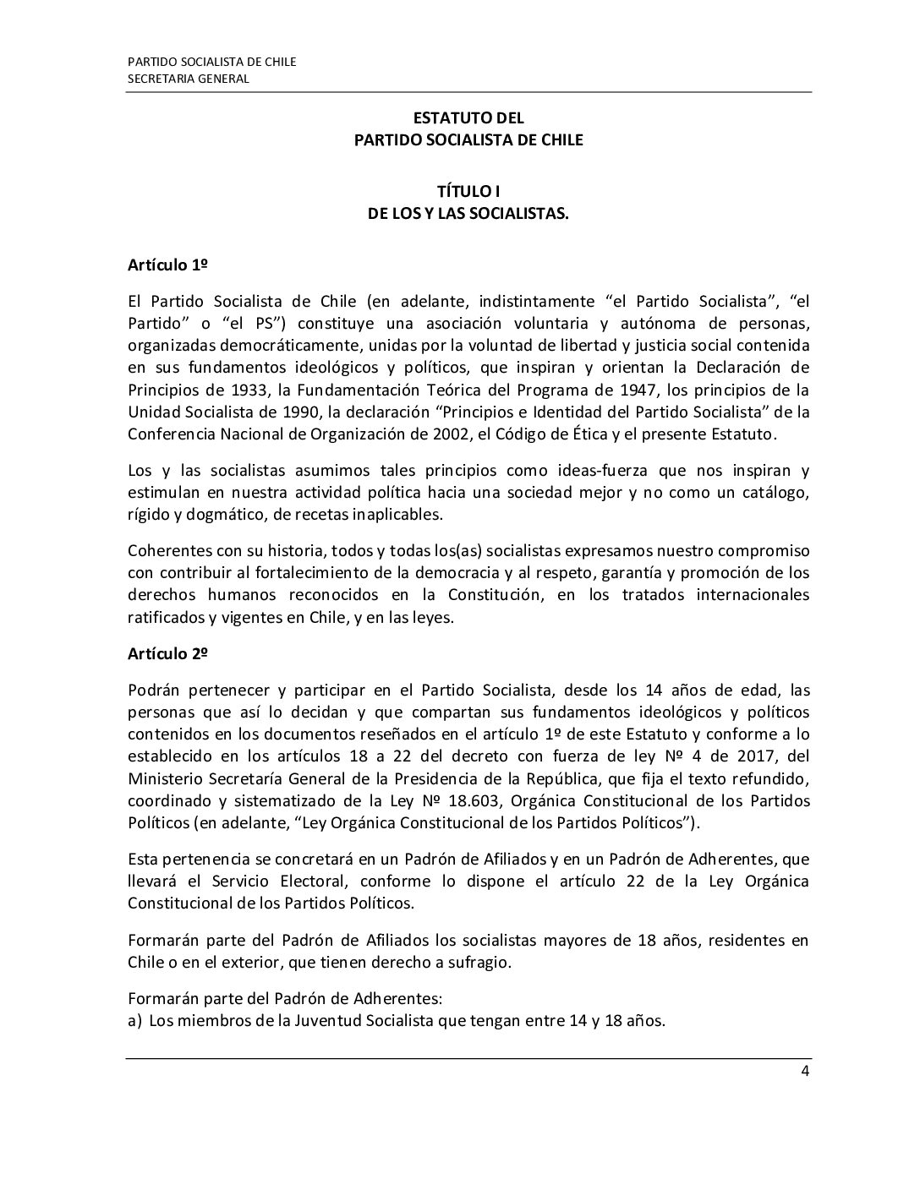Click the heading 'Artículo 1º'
(167, 265)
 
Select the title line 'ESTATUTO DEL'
(468, 119)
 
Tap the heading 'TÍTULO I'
(468, 194)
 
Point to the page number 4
(806, 1073)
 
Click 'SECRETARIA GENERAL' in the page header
(188, 79)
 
